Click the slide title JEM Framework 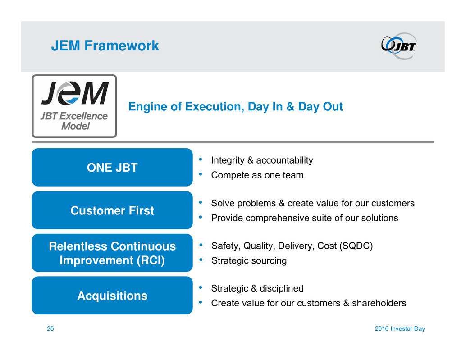coord(105,46)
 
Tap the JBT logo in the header coord(399,46)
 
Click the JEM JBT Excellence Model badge coord(74,106)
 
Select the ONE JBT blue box coord(112,167)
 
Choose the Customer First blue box coord(112,210)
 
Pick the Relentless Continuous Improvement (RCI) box coord(112,253)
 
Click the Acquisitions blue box coord(112,296)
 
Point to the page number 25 coord(50,328)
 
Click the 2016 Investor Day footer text coord(400,328)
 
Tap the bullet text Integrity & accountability coord(262,160)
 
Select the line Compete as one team coord(257,175)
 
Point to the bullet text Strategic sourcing coord(249,260)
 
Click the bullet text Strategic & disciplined coord(257,288)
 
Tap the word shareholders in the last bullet coord(379,303)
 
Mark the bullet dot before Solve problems coord(201,203)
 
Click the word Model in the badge coord(75,126)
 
